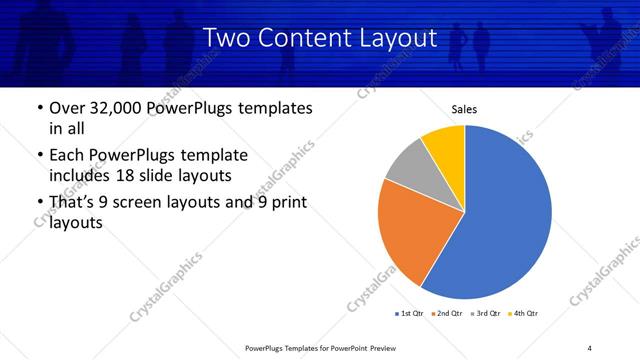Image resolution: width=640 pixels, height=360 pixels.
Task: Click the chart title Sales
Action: (x=465, y=108)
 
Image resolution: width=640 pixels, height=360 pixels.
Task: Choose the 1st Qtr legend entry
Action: (x=411, y=314)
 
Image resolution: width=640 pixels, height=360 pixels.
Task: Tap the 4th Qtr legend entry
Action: (x=525, y=314)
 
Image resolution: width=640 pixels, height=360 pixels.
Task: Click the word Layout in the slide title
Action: (x=402, y=38)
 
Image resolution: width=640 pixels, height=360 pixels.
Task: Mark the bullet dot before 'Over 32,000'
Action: (x=38, y=108)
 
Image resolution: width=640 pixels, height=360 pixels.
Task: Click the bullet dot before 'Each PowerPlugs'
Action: (x=38, y=156)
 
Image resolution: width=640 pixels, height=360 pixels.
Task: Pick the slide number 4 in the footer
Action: (x=590, y=347)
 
